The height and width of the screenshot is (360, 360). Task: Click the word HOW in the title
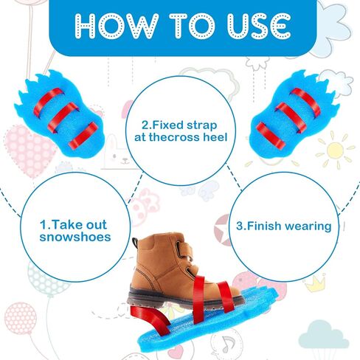117,26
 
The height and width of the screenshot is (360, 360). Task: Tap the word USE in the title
259,26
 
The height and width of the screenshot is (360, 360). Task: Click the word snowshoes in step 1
75,237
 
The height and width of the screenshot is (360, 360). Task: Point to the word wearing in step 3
308,226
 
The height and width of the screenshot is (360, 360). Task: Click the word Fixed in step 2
166,125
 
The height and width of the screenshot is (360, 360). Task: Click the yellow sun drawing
335,150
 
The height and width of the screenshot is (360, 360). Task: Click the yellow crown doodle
315,283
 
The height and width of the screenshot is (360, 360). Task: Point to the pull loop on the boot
135,243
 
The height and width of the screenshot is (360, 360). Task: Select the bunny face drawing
118,153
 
